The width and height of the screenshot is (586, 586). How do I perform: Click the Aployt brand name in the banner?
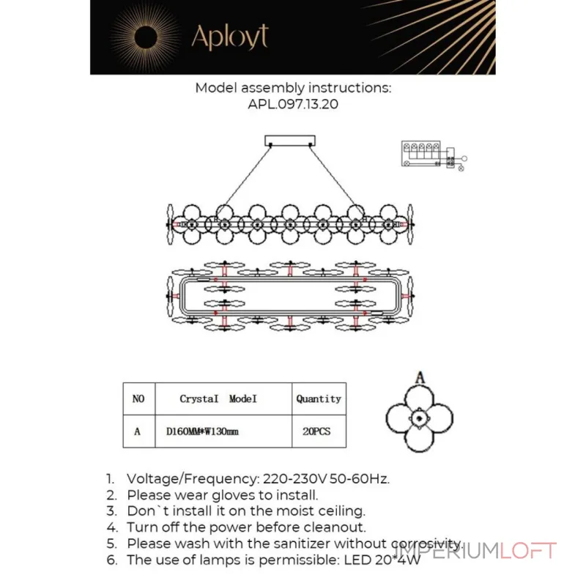click(x=230, y=37)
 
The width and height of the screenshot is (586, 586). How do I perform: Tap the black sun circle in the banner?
click(x=145, y=37)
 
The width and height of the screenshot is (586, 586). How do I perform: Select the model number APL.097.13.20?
click(x=293, y=104)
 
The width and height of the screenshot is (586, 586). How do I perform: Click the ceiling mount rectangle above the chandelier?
click(x=290, y=141)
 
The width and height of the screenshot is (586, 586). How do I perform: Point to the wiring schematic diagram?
click(x=434, y=155)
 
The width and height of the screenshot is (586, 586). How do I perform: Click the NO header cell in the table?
click(x=138, y=398)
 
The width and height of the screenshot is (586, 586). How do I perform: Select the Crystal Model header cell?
click(x=223, y=398)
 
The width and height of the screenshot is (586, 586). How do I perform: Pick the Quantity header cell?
click(x=319, y=398)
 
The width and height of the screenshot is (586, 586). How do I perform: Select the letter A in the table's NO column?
click(x=137, y=431)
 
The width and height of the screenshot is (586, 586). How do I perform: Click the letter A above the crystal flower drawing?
click(x=420, y=377)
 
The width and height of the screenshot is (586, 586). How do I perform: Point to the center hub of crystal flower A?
click(x=419, y=418)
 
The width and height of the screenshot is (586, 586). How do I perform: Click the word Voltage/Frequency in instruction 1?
click(x=193, y=479)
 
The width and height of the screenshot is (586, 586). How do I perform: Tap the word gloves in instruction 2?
click(x=234, y=496)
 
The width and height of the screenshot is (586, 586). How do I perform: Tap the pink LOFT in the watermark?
click(x=527, y=551)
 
